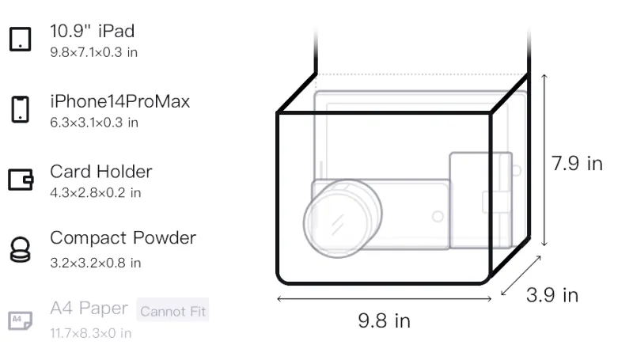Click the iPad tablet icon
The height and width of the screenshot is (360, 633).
(21, 39)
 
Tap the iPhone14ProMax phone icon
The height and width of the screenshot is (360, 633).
(21, 109)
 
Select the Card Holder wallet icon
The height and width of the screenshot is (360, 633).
(21, 179)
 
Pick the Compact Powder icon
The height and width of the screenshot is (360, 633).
(21, 250)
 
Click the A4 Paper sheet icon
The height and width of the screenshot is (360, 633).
(21, 320)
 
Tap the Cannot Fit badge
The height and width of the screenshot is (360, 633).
(172, 310)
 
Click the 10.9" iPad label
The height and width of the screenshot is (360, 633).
(92, 31)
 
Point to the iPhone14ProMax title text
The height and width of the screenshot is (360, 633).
(120, 101)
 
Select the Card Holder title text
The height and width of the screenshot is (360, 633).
(101, 172)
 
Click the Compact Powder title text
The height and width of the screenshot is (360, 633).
(123, 238)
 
